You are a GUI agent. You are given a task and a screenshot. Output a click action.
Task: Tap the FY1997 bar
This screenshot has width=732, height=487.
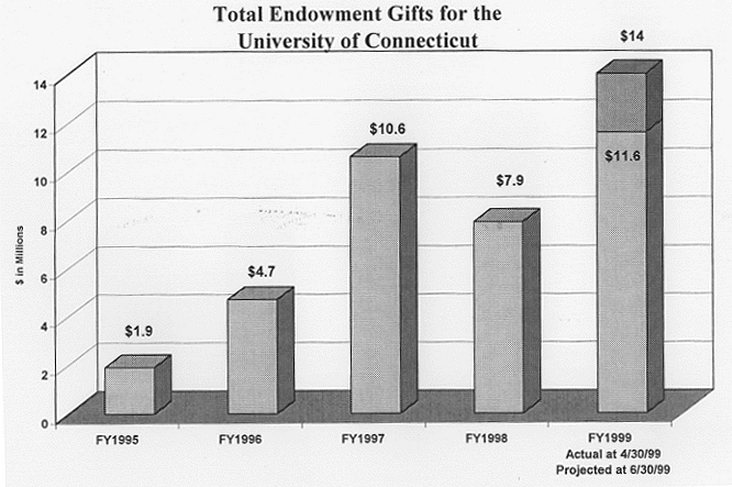coord(376,284)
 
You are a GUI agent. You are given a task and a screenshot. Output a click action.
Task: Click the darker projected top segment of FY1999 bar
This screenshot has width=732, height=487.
coord(621,101)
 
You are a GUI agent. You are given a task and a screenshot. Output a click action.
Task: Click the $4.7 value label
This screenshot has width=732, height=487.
coord(263,271)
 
